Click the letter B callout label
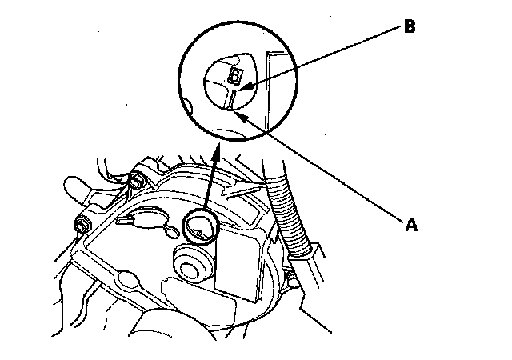(x=410, y=26)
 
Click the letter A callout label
(x=411, y=225)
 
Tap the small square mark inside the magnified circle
(x=235, y=76)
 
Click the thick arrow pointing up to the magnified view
(x=210, y=184)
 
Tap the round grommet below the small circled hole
(x=192, y=263)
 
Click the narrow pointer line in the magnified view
(x=230, y=100)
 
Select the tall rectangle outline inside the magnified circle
(x=278, y=88)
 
